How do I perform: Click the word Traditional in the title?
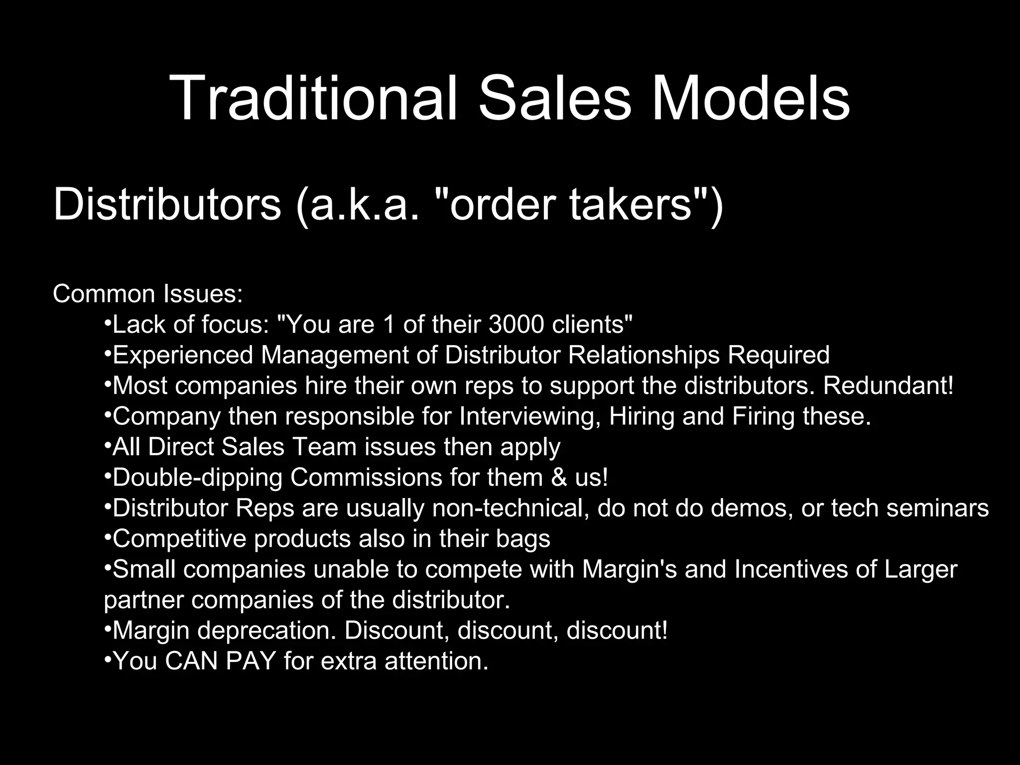(x=313, y=98)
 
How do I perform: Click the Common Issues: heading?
(x=148, y=294)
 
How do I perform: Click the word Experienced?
(x=183, y=355)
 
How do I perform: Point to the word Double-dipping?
(x=197, y=478)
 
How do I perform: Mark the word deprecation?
(x=266, y=631)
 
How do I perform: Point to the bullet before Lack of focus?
(x=108, y=324)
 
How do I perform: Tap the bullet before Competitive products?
(x=108, y=538)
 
